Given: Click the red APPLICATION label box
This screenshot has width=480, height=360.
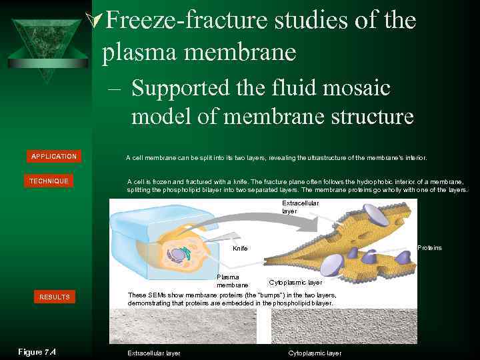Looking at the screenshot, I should (x=54, y=156).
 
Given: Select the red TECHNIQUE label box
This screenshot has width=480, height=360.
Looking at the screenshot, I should (x=49, y=181).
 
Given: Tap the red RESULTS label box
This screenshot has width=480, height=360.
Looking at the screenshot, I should (x=54, y=297).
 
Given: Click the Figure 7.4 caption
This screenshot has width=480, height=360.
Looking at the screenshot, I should (x=37, y=352).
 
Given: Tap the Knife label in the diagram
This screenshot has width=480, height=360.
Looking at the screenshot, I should (x=240, y=248).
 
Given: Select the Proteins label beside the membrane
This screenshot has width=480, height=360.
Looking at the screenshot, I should (x=429, y=248).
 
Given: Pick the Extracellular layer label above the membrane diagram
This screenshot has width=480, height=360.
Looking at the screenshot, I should (x=300, y=207).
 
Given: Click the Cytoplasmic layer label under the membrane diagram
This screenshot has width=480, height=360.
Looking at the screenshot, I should (x=295, y=283).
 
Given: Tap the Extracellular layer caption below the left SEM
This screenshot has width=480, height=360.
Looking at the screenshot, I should (x=153, y=353).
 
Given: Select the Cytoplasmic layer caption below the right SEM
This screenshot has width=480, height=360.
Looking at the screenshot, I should (x=315, y=353).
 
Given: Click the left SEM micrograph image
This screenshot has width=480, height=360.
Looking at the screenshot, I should (x=187, y=327).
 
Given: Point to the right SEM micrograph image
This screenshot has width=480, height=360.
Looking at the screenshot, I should (x=343, y=327).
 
